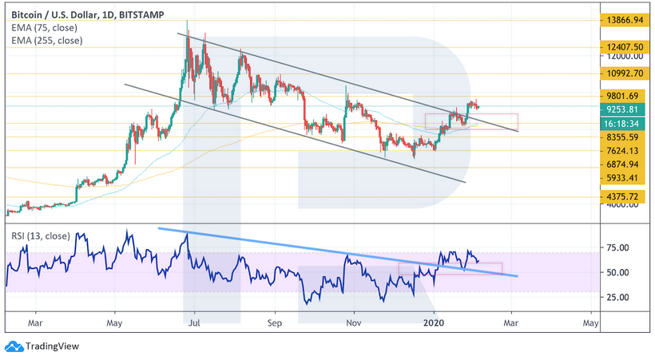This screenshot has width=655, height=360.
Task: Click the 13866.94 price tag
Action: tap(622, 19)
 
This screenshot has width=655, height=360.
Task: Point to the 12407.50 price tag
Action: tap(622, 47)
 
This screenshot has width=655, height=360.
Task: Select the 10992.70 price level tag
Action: tap(622, 73)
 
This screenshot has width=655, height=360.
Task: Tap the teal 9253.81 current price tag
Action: tap(622, 109)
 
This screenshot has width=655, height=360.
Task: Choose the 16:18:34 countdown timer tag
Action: tap(622, 124)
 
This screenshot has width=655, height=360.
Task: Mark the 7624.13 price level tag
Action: tap(622, 151)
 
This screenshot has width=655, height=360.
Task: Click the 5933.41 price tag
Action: tap(622, 178)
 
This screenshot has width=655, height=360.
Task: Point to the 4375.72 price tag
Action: tap(622, 196)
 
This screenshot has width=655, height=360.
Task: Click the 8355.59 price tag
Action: tap(622, 137)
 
